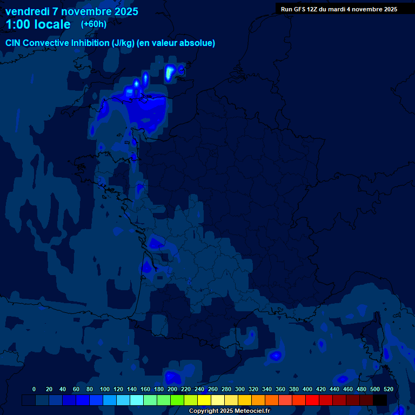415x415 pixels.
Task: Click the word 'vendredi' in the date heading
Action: pyautogui.click(x=28, y=11)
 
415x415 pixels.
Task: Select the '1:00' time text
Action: pyautogui.click(x=19, y=24)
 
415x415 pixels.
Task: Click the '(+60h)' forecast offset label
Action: pyautogui.click(x=93, y=24)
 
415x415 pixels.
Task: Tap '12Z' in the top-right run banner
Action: pyautogui.click(x=313, y=9)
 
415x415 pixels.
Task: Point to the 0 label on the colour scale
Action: pyautogui.click(x=34, y=389)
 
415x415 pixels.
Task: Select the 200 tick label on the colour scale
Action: pyautogui.click(x=172, y=389)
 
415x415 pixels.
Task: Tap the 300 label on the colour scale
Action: pyautogui.click(x=239, y=389)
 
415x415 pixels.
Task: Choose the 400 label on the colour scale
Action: pyautogui.click(x=307, y=389)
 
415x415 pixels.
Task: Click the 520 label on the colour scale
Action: pyautogui.click(x=387, y=389)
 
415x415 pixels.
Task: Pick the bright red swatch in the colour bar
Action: pyautogui.click(x=312, y=400)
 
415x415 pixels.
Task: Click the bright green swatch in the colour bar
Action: pyautogui.click(x=177, y=400)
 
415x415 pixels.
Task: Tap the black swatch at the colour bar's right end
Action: pyautogui.click(x=380, y=400)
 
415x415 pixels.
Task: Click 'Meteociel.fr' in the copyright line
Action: pyautogui.click(x=252, y=411)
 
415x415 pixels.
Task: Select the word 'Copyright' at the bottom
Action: pyautogui.click(x=203, y=411)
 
